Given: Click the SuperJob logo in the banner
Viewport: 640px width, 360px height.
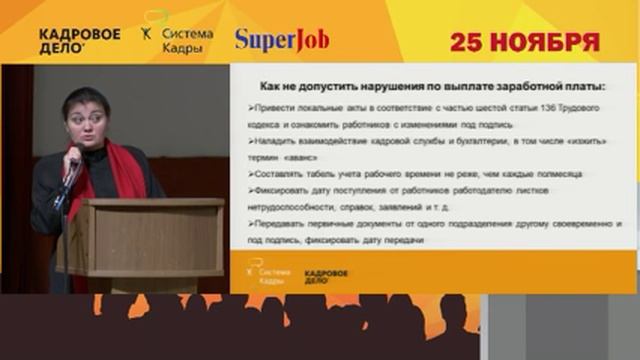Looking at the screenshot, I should (282, 40).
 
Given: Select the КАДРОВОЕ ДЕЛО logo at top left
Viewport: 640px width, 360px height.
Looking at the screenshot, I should (79, 40).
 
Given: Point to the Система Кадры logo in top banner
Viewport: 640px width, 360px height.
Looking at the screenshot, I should (180, 39).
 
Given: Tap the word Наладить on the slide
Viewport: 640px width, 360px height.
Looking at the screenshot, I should (271, 142).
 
